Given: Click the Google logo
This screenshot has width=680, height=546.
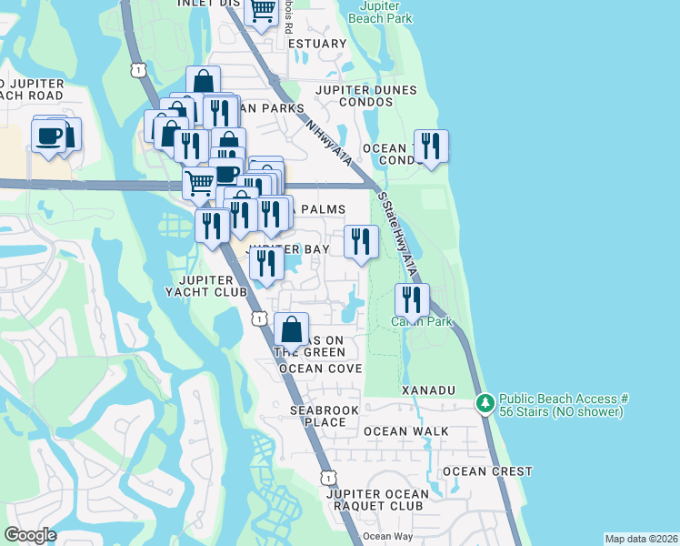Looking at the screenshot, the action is (x=31, y=534).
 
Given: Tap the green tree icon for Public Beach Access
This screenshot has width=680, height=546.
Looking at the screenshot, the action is (x=485, y=402).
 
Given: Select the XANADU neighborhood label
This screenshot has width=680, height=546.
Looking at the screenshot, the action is (x=428, y=389).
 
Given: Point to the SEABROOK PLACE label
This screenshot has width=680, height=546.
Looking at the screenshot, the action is (x=318, y=416).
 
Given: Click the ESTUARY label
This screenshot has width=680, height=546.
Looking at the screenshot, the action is (x=316, y=44).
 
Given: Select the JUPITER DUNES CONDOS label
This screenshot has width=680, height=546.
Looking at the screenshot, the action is (x=365, y=96).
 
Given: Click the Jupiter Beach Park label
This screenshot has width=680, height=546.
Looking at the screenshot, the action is (x=380, y=12).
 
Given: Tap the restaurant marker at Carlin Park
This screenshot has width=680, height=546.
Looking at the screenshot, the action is (x=412, y=299).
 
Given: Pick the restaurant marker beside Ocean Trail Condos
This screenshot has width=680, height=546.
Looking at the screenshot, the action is (x=430, y=147).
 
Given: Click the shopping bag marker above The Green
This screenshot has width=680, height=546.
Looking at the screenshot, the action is (x=291, y=329).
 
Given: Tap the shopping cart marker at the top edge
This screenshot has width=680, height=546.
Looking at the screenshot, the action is (x=262, y=11).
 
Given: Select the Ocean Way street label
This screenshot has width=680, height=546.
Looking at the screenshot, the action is (x=388, y=536).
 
